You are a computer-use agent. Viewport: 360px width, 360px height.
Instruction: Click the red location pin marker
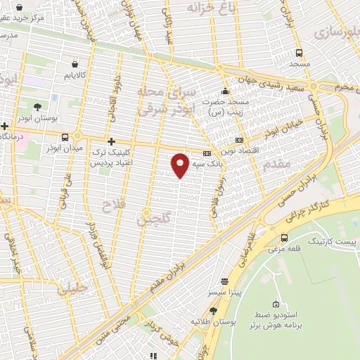180,165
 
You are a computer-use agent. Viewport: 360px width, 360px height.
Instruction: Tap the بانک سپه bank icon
207,153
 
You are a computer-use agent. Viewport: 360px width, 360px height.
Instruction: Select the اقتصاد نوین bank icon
239,141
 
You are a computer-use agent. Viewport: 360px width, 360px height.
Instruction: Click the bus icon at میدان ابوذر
65,137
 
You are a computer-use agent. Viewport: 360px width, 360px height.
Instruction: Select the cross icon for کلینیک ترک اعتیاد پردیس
111,141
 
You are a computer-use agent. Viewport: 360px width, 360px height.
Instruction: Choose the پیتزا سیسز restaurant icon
224,280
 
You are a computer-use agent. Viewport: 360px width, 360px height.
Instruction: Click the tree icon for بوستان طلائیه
213,310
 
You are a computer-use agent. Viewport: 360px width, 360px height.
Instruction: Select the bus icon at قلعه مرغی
284,237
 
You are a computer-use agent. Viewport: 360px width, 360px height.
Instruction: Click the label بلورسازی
335,32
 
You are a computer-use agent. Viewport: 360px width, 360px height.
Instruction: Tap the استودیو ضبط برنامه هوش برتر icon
277,306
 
